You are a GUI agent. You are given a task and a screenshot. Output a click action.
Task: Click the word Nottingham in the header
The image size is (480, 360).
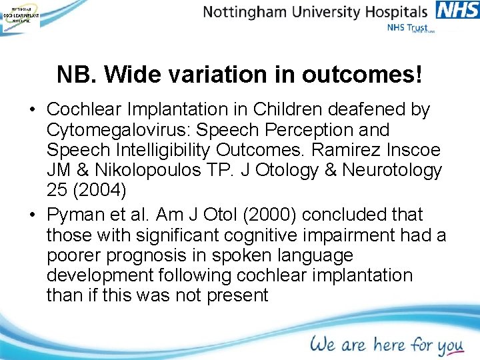point(246,12)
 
